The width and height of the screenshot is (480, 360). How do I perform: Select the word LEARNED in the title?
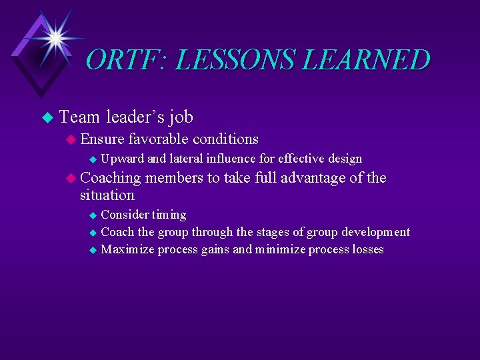[368, 60]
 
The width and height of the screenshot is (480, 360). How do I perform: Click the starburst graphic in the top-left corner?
[54, 37]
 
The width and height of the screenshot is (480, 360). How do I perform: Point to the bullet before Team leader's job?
[46, 118]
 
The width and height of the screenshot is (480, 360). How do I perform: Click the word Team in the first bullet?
[79, 117]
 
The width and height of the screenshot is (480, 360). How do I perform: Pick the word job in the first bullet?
[181, 118]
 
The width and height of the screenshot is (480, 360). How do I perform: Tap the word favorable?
[159, 139]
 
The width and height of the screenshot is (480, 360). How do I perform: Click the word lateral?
[185, 159]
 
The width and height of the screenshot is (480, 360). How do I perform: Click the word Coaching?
[110, 178]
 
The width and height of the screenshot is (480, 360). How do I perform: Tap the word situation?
[107, 195]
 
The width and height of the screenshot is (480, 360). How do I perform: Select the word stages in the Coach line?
[257, 232]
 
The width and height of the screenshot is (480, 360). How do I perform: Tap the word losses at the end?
[367, 249]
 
